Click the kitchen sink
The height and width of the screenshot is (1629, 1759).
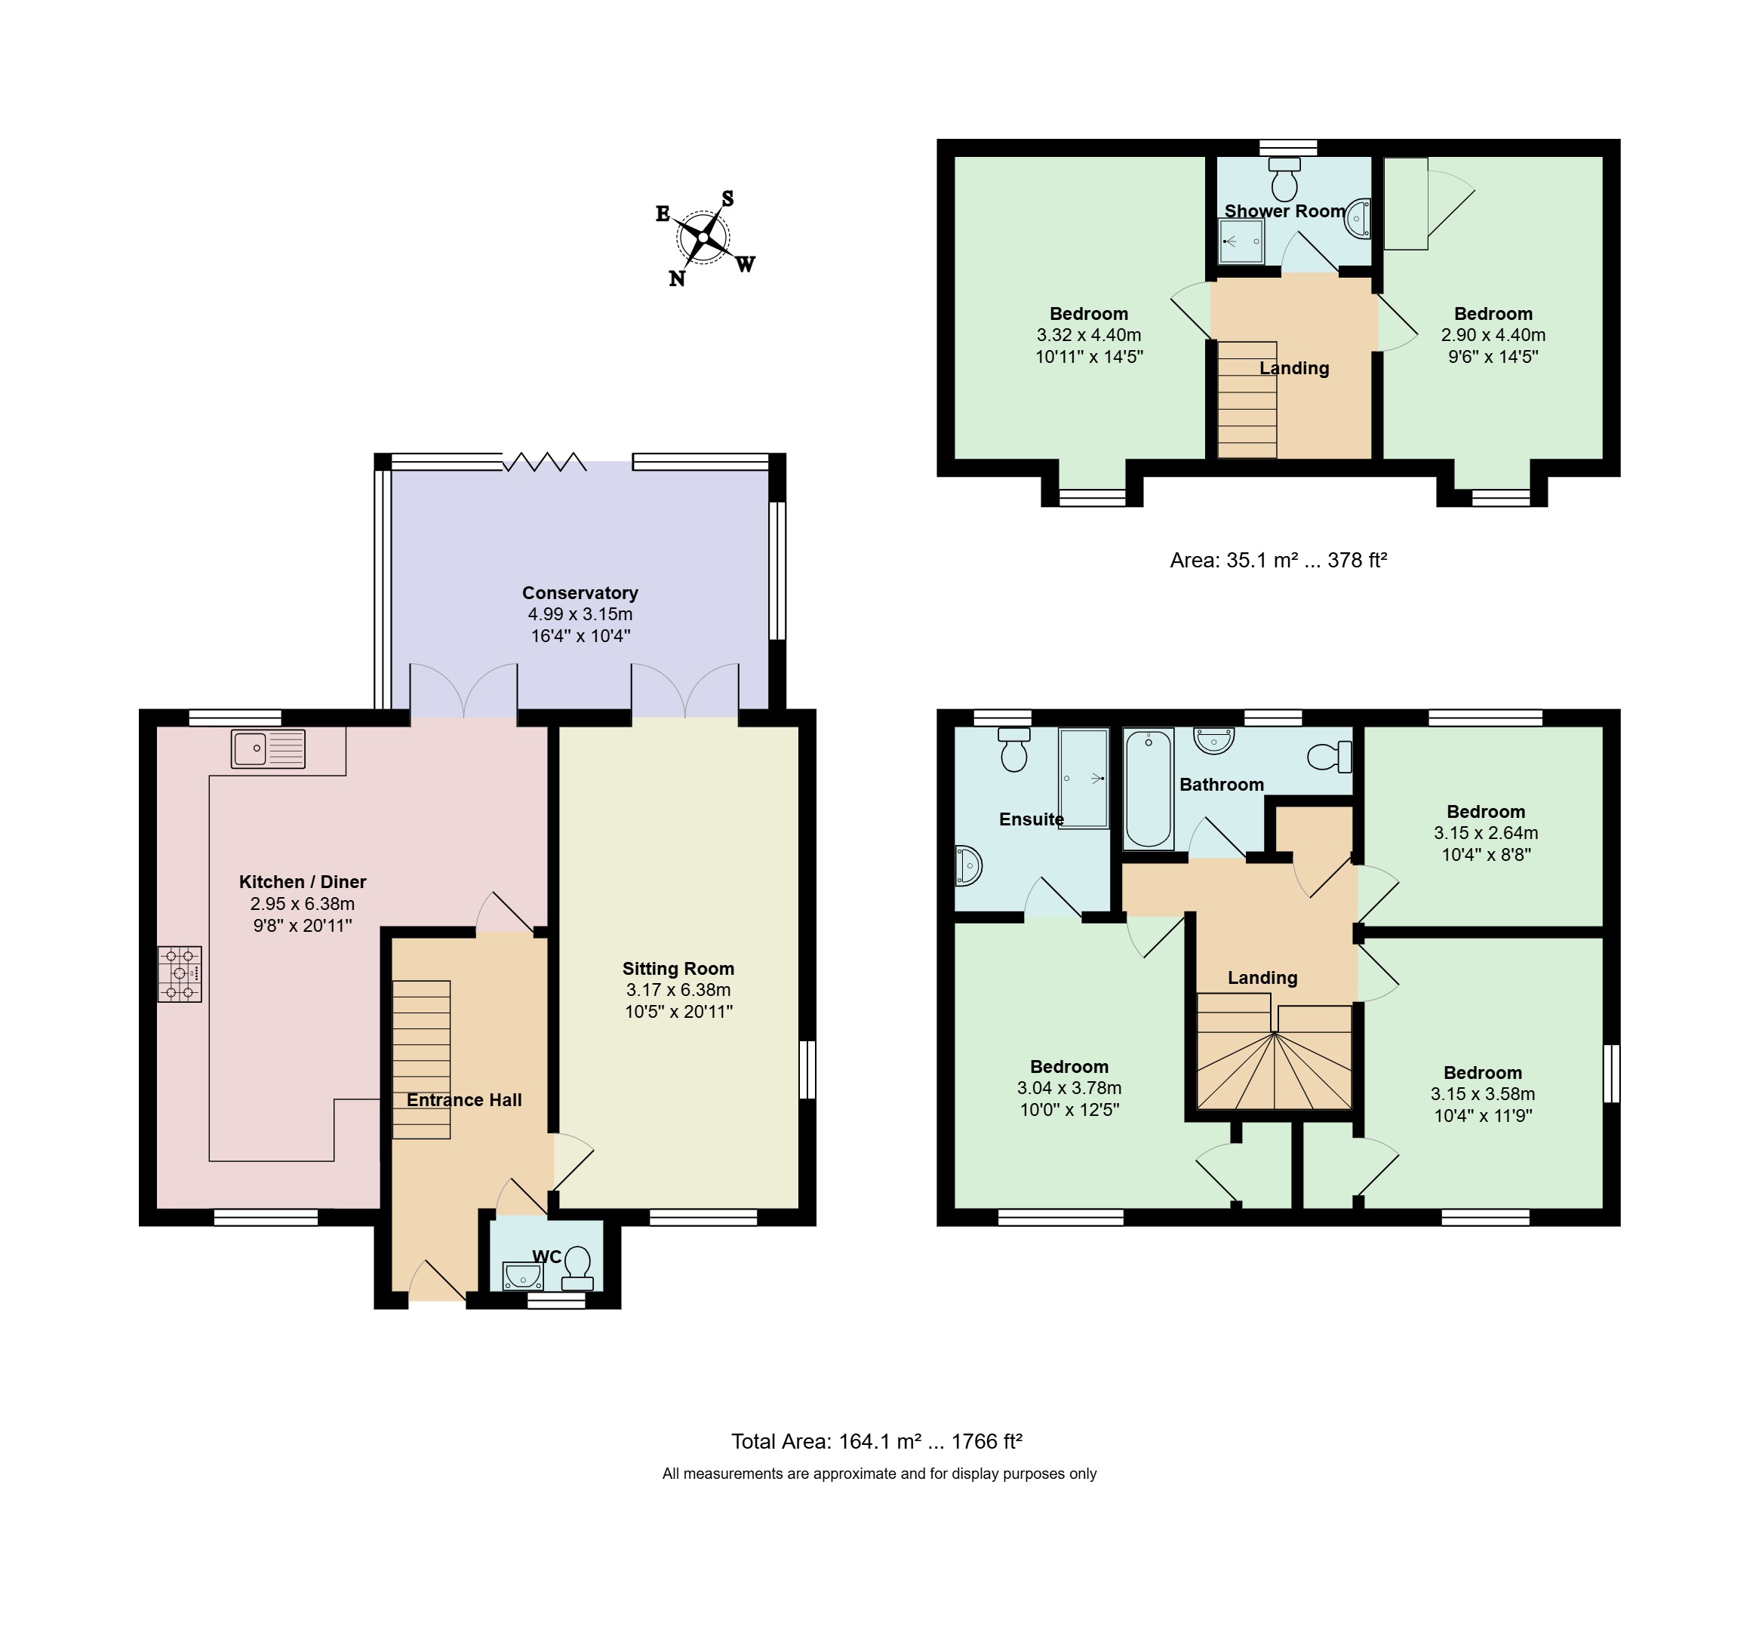point(268,748)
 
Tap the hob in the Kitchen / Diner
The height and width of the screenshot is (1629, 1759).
point(180,973)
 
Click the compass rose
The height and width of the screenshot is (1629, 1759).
point(703,238)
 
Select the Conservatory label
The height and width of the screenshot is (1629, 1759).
point(580,592)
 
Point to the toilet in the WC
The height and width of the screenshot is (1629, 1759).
point(577,1268)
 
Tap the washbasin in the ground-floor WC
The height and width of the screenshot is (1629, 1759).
point(522,1276)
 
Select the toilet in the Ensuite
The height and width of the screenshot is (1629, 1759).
point(1014,748)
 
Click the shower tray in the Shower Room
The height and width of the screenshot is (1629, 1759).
point(1241,241)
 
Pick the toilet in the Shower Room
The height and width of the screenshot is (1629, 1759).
point(1284,179)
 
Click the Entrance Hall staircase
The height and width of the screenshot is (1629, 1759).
point(422,1059)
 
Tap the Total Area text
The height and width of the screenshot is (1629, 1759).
point(876,1441)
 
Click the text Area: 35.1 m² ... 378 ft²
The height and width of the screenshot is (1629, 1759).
point(1278,560)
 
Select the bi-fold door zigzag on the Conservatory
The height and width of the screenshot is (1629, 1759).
point(545,461)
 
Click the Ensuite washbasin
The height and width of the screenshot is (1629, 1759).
point(968,865)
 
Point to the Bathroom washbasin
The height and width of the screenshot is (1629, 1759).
point(1214,740)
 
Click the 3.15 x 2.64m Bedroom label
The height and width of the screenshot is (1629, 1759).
point(1486,833)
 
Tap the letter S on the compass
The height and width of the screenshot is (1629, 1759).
point(727,198)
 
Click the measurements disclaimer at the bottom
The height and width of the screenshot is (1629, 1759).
point(879,1473)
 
